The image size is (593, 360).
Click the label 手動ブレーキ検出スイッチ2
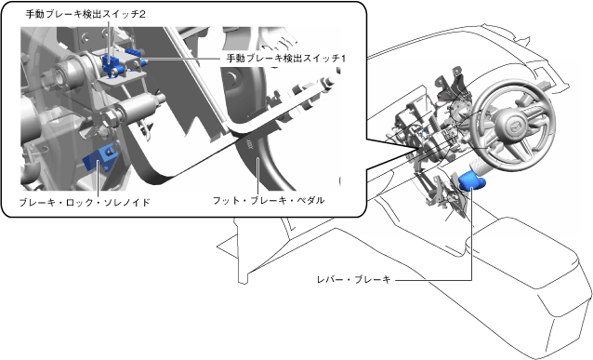pyautogui.click(x=86, y=14)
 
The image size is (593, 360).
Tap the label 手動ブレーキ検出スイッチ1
pyautogui.click(x=286, y=59)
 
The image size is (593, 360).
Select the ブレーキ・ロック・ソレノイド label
pyautogui.click(x=85, y=203)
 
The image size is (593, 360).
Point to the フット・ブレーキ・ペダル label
pyautogui.click(x=269, y=200)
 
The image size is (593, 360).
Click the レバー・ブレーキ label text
pyautogui.click(x=353, y=280)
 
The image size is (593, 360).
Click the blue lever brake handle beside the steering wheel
pyautogui.click(x=471, y=180)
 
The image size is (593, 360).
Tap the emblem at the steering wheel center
pyautogui.click(x=514, y=127)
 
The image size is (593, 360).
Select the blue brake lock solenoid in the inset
pyautogui.click(x=99, y=159)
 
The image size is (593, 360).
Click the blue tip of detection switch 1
pyautogui.click(x=144, y=61)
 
